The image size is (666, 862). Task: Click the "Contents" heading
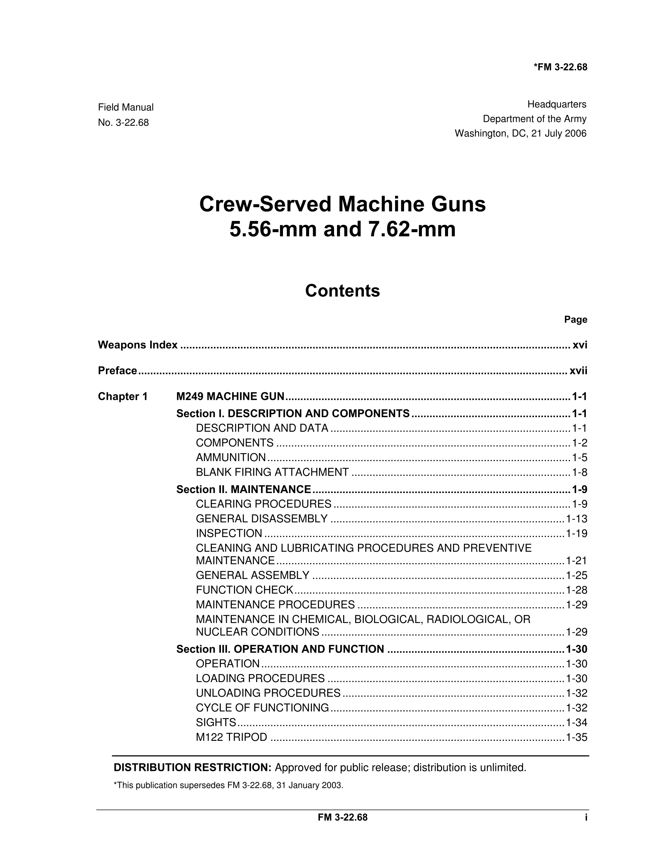(x=342, y=291)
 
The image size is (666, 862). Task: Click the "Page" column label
(x=575, y=319)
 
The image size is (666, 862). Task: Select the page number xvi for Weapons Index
(x=580, y=345)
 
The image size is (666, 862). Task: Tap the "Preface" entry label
(x=118, y=371)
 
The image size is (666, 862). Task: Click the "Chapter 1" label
(x=123, y=396)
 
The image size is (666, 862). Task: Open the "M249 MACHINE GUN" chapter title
(x=230, y=396)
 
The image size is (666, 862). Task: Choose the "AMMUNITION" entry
(x=231, y=457)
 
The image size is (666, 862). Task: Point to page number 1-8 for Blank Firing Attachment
(x=580, y=472)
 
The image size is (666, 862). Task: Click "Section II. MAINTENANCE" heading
(x=243, y=489)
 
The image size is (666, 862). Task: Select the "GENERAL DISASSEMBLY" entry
(x=262, y=519)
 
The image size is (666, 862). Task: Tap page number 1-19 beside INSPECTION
(x=576, y=534)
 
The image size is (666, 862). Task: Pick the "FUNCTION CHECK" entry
(x=244, y=590)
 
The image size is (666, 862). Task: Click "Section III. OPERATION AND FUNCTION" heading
(x=280, y=649)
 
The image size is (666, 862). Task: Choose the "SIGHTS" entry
(x=216, y=722)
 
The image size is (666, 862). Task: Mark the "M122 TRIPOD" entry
(x=231, y=737)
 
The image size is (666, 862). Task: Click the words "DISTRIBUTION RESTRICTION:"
(x=193, y=767)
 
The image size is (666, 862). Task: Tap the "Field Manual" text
(x=126, y=107)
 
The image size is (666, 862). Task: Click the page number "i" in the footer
(x=586, y=817)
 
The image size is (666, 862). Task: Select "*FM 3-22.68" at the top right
(x=560, y=67)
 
